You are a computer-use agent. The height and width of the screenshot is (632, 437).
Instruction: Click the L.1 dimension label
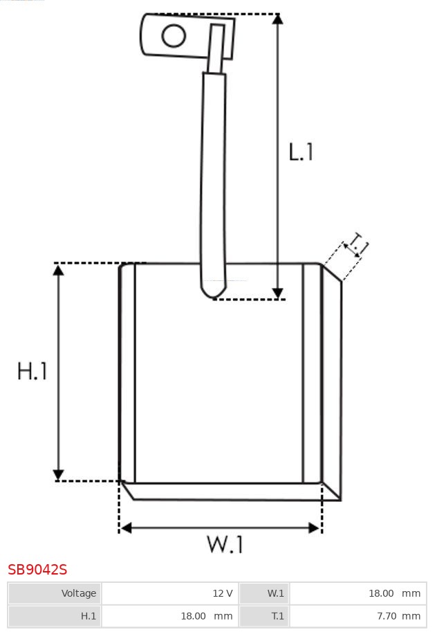(301, 152)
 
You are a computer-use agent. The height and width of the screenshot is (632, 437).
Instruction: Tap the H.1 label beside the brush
(32, 371)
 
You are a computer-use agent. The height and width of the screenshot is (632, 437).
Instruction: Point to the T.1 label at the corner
(357, 244)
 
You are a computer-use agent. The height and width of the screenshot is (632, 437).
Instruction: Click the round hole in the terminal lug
(174, 35)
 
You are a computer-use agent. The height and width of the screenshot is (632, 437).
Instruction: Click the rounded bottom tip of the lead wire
(214, 294)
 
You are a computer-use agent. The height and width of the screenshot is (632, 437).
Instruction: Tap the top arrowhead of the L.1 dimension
(277, 19)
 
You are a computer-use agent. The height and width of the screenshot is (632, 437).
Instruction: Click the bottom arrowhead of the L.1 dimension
(277, 294)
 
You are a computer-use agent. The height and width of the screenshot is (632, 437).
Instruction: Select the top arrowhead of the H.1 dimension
(58, 270)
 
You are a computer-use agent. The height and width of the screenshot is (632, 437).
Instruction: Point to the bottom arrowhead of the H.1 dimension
(58, 475)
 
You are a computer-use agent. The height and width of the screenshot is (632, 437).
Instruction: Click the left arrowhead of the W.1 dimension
(126, 527)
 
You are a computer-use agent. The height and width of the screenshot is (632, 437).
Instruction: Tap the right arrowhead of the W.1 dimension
(314, 527)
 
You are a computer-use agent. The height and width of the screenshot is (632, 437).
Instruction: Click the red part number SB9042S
(37, 570)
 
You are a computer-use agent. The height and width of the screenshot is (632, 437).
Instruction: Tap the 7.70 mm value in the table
(399, 616)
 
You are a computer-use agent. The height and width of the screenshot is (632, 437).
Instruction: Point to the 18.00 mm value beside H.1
(207, 616)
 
